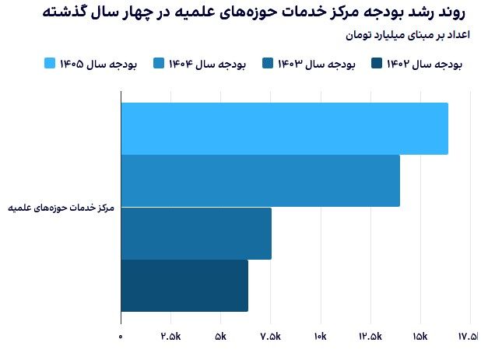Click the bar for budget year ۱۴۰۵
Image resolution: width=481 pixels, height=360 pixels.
[x=284, y=128]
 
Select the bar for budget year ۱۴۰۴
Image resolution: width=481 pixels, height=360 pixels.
[x=260, y=180]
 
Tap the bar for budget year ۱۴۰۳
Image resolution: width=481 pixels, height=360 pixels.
[x=196, y=233]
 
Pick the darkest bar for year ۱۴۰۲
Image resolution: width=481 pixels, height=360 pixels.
[x=184, y=285]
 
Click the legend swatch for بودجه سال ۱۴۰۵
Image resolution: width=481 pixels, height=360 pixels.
[x=51, y=65]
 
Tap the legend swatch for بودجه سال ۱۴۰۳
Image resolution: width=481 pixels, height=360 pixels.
[x=269, y=65]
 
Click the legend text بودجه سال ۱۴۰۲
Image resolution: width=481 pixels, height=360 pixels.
[x=424, y=65]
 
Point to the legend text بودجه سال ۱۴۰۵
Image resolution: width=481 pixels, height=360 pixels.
[x=98, y=65]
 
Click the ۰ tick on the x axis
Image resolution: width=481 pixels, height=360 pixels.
[x=121, y=337]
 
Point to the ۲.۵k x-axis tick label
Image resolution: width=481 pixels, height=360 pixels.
[x=170, y=337]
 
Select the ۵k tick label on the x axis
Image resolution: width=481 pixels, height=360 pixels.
[x=220, y=337]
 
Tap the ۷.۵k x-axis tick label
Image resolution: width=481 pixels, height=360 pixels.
[x=270, y=337]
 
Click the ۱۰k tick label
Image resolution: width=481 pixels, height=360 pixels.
[x=321, y=337]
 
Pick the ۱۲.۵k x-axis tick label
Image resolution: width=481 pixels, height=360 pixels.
[x=370, y=337]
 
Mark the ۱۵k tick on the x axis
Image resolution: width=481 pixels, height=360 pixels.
[x=420, y=337]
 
